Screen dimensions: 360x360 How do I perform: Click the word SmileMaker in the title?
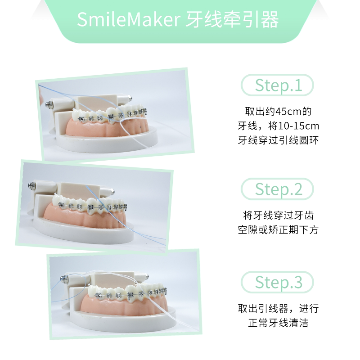pos(129,19)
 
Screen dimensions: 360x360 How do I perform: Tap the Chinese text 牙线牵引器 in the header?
pos(232,20)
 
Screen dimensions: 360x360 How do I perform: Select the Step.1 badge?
pos(277,85)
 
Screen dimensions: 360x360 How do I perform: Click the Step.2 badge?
pos(277,189)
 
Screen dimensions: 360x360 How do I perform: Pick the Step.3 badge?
pos(277,282)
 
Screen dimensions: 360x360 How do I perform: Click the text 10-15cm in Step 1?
pos(298,126)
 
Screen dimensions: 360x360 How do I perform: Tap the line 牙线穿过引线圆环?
pos(278,140)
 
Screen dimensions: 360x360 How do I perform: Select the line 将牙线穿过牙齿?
pos(278,216)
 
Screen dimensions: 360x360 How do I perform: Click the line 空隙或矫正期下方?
pos(278,230)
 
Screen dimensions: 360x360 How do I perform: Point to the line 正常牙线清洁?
pos(278,323)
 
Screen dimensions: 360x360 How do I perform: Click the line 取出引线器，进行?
pos(278,309)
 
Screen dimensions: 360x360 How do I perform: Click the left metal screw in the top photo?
pos(49,105)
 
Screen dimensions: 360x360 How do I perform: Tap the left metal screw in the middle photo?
pos(31,185)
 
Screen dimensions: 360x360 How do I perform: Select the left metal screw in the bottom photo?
pos(64,279)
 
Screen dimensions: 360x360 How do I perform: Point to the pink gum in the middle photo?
pos(85,217)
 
